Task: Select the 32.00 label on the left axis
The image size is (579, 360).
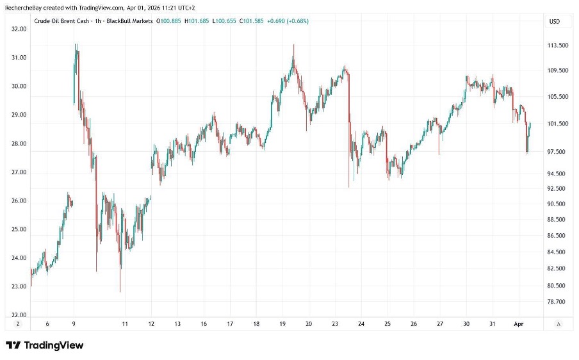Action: click(x=19, y=29)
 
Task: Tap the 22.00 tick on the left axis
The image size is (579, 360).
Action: click(x=19, y=315)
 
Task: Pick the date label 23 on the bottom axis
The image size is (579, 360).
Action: click(x=335, y=325)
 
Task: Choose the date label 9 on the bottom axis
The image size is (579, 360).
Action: click(x=74, y=325)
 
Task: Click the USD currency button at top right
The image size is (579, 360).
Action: click(x=555, y=21)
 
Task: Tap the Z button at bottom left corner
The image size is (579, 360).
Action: click(x=18, y=325)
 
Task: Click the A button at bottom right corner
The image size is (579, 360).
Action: click(x=559, y=325)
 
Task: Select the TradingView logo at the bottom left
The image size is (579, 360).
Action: click(x=45, y=346)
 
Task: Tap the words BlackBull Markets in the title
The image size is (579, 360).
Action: click(x=131, y=21)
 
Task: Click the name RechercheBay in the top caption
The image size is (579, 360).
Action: click(x=22, y=6)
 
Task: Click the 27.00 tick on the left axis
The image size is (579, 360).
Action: click(x=19, y=172)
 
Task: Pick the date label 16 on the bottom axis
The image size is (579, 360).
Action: click(x=204, y=325)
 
